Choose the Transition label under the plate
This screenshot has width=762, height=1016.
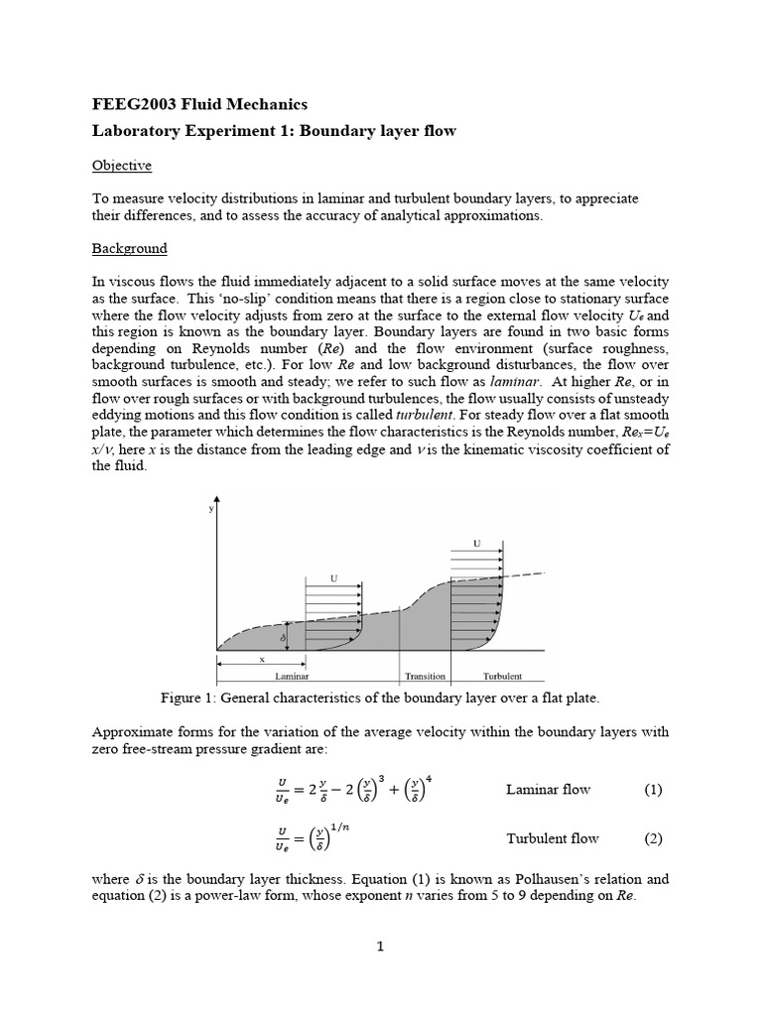tap(426, 677)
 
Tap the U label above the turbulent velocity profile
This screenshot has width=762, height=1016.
tap(477, 543)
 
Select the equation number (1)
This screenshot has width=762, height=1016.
tap(652, 790)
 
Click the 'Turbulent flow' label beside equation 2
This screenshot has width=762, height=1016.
tap(553, 838)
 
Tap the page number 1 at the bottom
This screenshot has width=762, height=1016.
tap(380, 947)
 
